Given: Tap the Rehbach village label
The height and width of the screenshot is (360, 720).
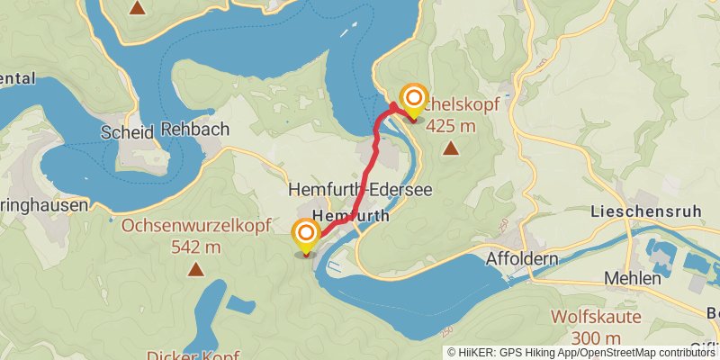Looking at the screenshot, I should point(195,130).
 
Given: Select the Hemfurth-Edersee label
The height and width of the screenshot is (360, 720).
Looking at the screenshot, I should point(360,191).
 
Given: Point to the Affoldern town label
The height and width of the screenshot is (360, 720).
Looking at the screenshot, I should point(522,258).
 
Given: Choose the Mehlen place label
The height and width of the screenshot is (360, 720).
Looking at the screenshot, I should point(634,279).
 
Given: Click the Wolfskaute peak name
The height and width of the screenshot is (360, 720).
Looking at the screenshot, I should point(596,317).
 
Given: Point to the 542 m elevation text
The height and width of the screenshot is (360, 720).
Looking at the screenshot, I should point(195,246).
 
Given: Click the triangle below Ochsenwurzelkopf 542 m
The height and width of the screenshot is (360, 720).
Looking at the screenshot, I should point(195,268).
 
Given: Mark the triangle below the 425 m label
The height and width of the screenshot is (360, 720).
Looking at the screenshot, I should point(450,149).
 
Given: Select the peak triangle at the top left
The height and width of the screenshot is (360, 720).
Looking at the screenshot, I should point(137,9).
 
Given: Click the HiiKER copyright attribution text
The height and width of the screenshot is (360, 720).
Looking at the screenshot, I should point(581,352).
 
